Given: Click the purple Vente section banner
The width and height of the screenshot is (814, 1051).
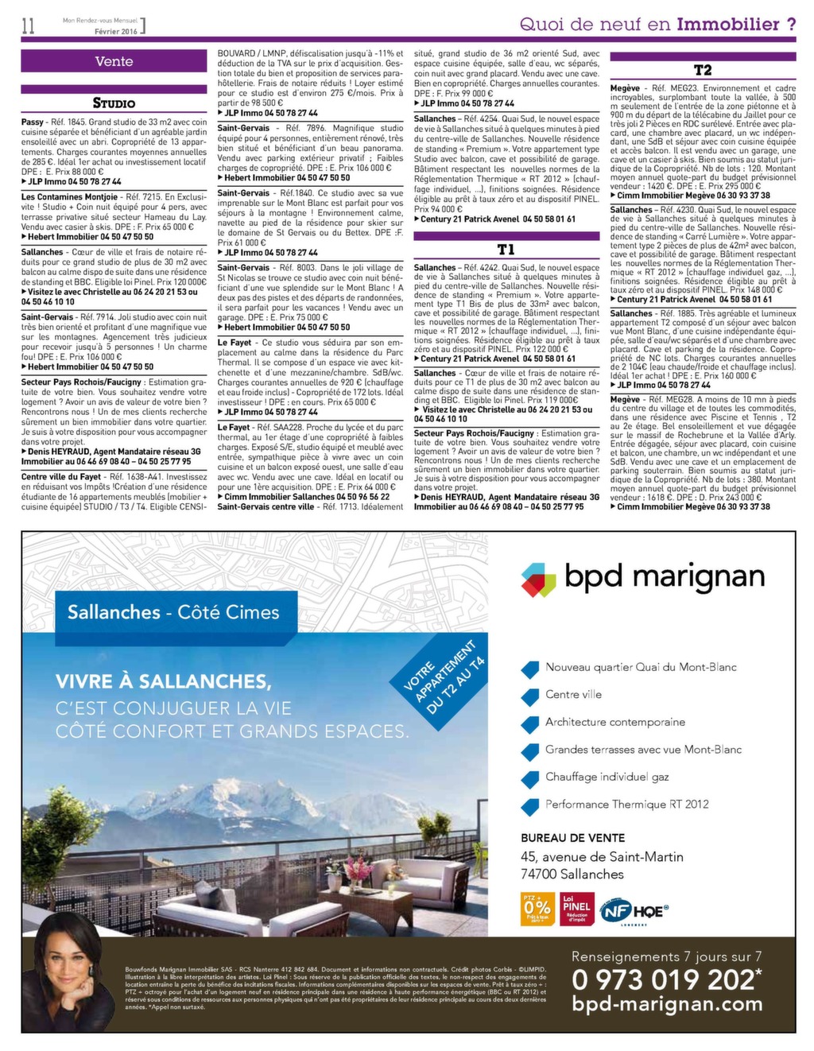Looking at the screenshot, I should pyautogui.click(x=114, y=61).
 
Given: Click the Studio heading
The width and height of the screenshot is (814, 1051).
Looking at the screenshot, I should pyautogui.click(x=114, y=103).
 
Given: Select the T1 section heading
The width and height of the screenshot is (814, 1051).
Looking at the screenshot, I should pyautogui.click(x=506, y=250).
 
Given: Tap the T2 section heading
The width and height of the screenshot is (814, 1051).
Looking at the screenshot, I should pyautogui.click(x=703, y=71).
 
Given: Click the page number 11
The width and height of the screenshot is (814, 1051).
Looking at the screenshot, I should pyautogui.click(x=29, y=25).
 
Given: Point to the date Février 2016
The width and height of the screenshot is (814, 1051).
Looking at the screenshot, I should pyautogui.click(x=116, y=31).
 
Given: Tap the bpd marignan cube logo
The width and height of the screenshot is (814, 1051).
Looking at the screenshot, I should pyautogui.click(x=538, y=580).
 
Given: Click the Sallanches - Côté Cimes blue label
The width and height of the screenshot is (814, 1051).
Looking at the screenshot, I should pyautogui.click(x=173, y=612).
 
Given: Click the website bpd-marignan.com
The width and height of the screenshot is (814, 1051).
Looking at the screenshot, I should pyautogui.click(x=667, y=1004).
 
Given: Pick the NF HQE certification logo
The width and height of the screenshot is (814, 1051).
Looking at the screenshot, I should pyautogui.click(x=634, y=911).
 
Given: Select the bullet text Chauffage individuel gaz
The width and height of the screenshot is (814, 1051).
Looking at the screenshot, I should pyautogui.click(x=607, y=777).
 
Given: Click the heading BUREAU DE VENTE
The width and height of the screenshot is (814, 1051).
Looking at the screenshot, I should pyautogui.click(x=572, y=838).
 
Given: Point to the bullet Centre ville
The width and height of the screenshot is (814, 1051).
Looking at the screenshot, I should pyautogui.click(x=573, y=694).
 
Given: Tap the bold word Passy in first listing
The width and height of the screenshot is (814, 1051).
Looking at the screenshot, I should pyautogui.click(x=33, y=122).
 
